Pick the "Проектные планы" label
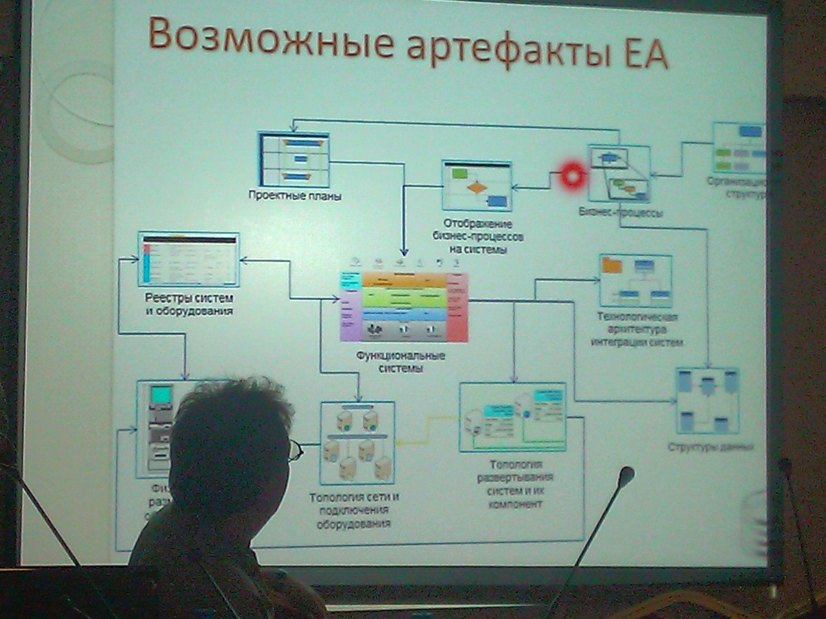[295, 195]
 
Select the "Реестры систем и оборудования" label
[188, 305]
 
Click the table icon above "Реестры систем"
[188, 260]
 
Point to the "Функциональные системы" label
[401, 362]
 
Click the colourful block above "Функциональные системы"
[404, 306]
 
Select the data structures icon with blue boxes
[707, 400]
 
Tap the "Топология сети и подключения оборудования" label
[354, 510]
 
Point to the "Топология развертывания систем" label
[515, 484]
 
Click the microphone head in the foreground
[625, 475]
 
